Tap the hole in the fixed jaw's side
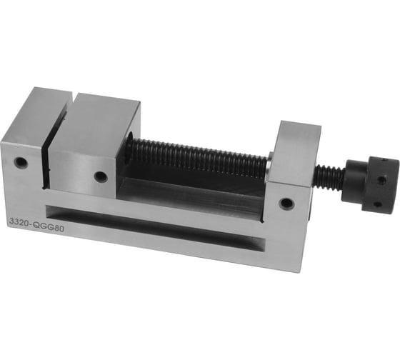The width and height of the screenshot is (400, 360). point(21,162)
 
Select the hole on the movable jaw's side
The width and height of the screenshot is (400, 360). point(101,176)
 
